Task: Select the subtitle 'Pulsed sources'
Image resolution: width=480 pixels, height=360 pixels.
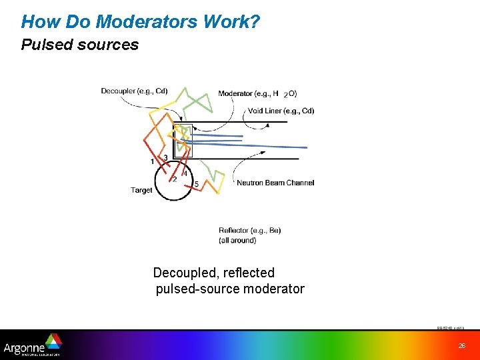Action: [x=80, y=45]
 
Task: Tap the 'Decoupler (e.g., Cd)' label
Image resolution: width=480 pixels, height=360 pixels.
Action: [x=134, y=91]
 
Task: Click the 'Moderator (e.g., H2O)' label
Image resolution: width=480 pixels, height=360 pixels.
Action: [x=257, y=93]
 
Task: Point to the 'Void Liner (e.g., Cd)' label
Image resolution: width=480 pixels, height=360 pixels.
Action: [x=281, y=111]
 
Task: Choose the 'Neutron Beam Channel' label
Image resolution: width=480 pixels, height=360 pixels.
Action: [x=275, y=183]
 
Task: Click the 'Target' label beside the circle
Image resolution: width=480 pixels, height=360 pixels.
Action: [x=141, y=190]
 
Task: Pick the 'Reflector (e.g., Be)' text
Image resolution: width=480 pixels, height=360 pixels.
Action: [x=249, y=231]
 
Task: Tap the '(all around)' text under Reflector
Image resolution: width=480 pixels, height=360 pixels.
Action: [x=237, y=240]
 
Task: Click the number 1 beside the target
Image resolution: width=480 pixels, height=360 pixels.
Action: [x=153, y=161]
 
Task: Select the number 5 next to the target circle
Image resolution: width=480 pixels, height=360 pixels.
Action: [x=196, y=184]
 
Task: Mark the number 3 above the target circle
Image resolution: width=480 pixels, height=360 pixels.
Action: [x=165, y=157]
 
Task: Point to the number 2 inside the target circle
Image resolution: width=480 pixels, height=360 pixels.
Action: [x=175, y=179]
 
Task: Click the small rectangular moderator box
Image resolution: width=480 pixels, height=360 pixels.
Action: [x=183, y=140]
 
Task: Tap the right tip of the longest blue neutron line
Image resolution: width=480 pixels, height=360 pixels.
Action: [x=307, y=147]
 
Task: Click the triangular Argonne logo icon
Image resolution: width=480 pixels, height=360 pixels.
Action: [x=53, y=341]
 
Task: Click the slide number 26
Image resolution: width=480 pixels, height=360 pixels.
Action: [x=461, y=345]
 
